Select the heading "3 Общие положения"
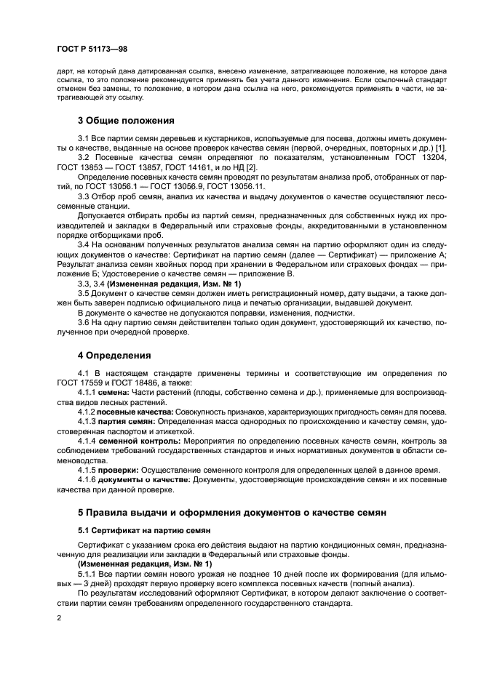[125, 119]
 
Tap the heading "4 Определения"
[115, 355]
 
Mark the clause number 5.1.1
[88, 573]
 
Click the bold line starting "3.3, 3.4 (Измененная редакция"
[144, 283]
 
